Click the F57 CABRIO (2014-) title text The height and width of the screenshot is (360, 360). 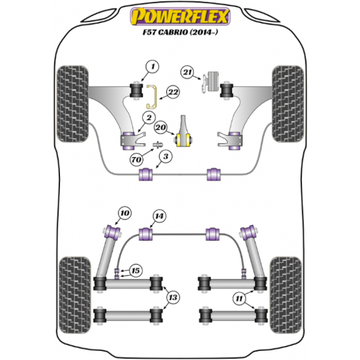point(179,35)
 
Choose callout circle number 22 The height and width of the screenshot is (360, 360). point(172,92)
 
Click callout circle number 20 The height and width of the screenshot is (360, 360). point(160,127)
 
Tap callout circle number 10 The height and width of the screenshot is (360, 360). point(124,213)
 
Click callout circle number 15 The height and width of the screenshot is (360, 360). point(136,271)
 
